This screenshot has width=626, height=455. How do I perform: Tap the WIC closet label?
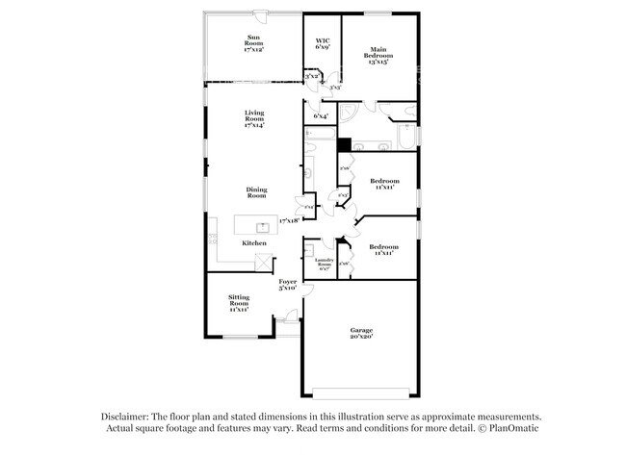point(322,43)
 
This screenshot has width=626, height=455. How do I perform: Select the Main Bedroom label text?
point(377,56)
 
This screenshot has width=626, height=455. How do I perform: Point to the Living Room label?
point(253,119)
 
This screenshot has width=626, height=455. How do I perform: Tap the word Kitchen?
point(253,243)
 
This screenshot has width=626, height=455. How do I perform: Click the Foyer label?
point(288,285)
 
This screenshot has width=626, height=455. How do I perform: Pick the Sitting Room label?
point(240,303)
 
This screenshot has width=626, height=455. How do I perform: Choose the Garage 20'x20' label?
point(361,333)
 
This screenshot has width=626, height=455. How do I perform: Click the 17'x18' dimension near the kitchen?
point(288,220)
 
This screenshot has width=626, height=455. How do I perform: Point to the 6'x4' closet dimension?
point(321,116)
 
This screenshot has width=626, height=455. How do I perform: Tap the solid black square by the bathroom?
point(344,145)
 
